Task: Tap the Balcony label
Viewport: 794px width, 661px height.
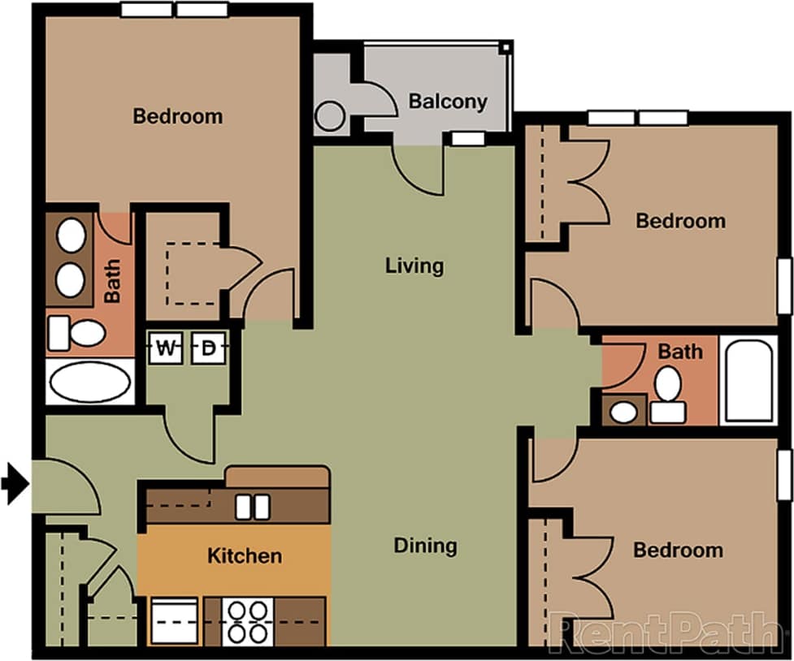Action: [x=448, y=102]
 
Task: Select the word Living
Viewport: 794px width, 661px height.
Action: [x=414, y=266]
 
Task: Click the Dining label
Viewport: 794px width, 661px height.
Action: [x=425, y=546]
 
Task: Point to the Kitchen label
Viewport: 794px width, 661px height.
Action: [x=245, y=556]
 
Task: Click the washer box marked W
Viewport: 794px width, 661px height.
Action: [x=166, y=349]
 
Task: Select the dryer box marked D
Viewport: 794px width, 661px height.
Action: [x=208, y=349]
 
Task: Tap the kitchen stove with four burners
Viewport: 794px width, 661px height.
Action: [x=248, y=621]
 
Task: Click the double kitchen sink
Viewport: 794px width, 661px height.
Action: [x=252, y=507]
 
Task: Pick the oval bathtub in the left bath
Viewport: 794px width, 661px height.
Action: [x=89, y=382]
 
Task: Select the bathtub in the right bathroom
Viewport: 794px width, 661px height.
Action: [x=748, y=381]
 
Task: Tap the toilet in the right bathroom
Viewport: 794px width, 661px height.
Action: [x=668, y=394]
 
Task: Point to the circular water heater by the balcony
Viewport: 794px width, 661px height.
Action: [x=330, y=115]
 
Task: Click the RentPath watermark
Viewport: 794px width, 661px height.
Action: [x=662, y=632]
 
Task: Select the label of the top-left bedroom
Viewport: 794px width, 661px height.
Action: [x=177, y=116]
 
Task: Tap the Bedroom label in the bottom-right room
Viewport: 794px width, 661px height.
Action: [x=678, y=551]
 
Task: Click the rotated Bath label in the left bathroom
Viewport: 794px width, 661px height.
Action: [x=112, y=280]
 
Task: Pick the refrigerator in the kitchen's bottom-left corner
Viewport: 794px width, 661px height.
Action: [x=175, y=621]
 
